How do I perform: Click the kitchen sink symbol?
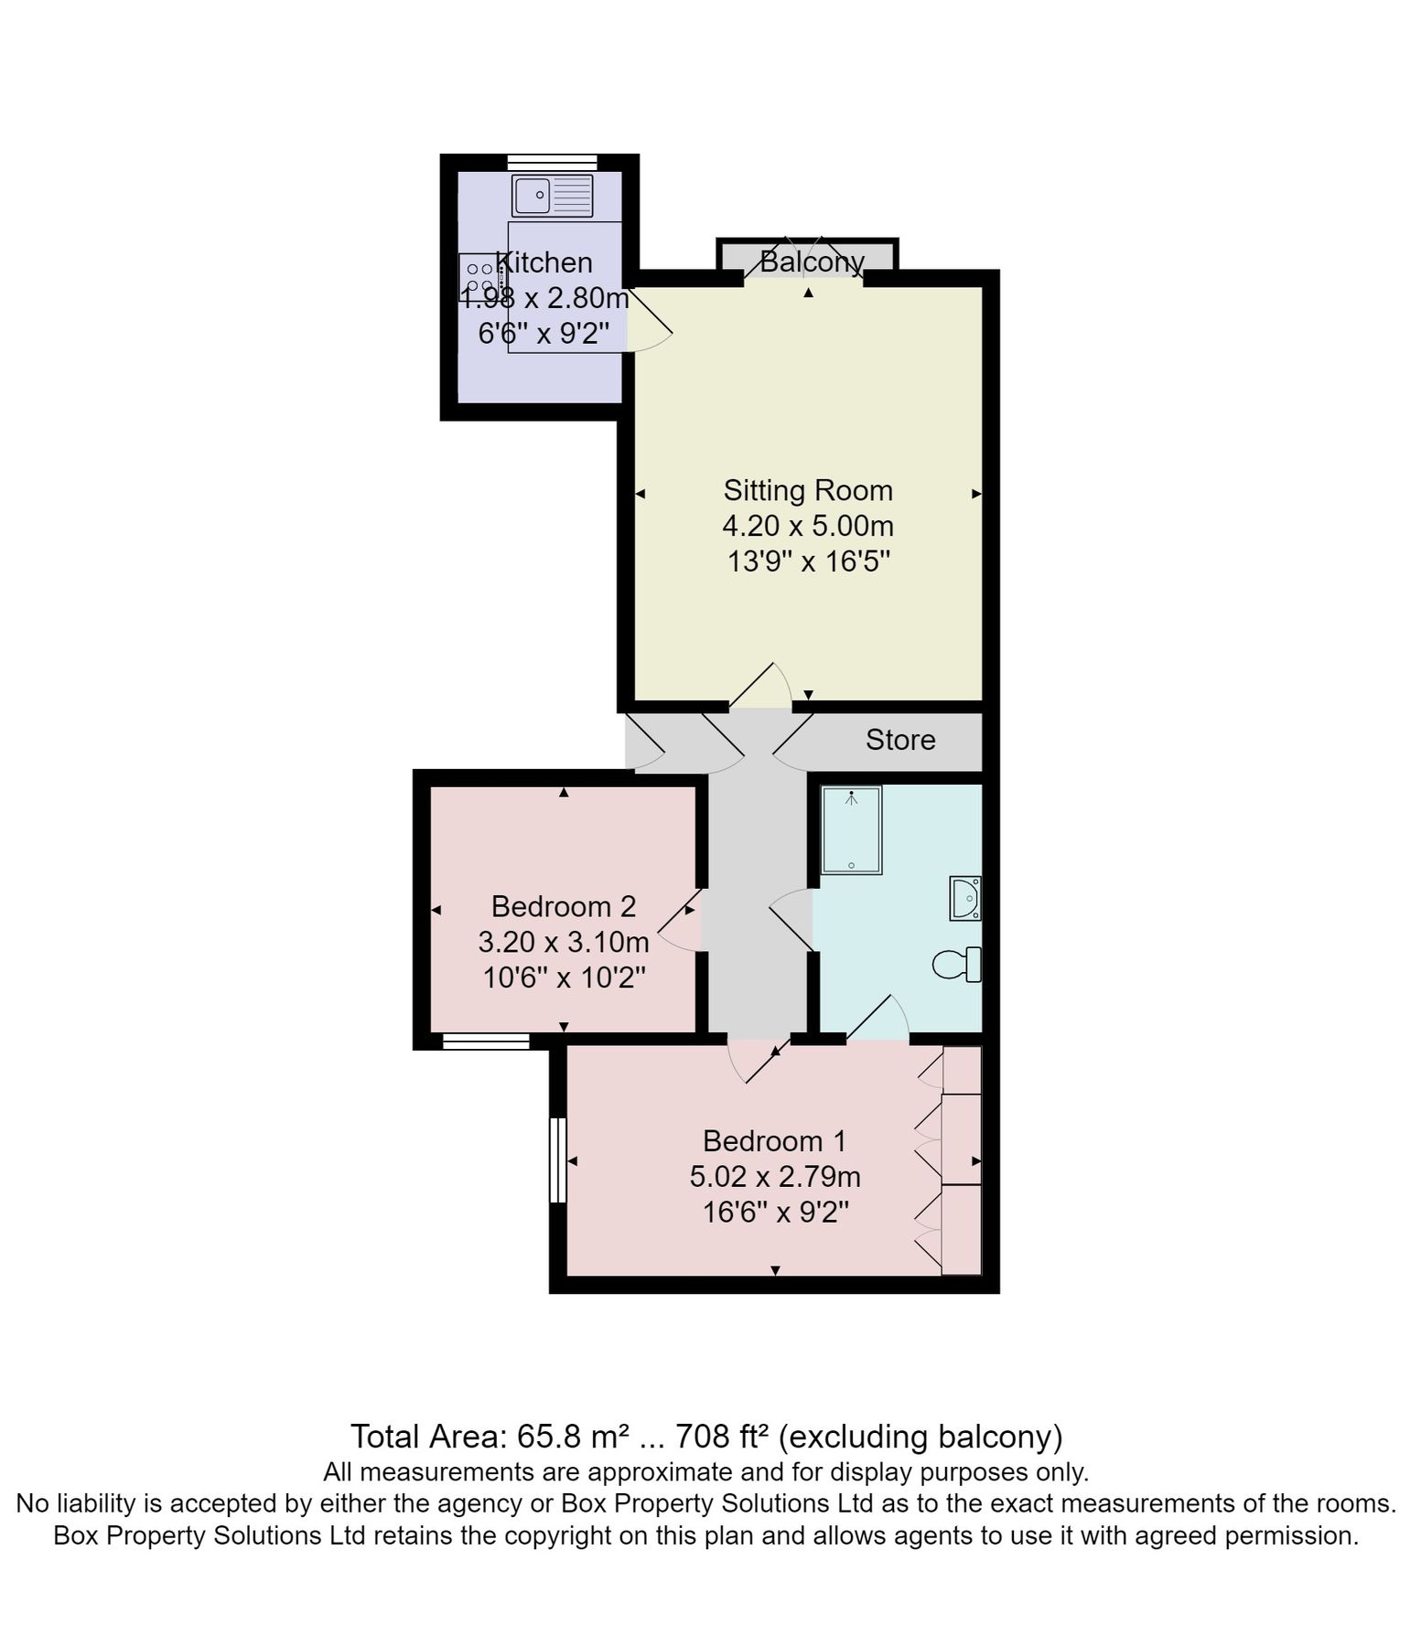point(552,196)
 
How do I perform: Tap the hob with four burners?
point(479,277)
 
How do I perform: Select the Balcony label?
point(812,262)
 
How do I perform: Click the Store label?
point(900,740)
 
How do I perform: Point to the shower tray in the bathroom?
point(851,830)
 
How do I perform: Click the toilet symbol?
point(958,964)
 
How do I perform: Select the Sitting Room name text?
point(808,490)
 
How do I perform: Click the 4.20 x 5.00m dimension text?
point(808,526)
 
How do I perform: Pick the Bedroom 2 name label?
point(563,906)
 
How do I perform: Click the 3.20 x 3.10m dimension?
point(563,942)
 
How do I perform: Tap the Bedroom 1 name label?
point(774,1141)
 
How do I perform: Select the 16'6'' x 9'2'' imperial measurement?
point(775,1213)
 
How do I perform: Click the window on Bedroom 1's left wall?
point(557,1160)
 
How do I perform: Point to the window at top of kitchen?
point(552,163)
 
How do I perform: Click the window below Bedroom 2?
point(486,1041)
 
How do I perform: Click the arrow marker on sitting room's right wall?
point(976,494)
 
